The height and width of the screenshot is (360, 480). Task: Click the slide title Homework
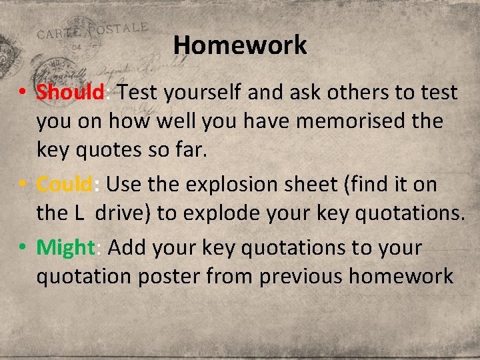click(240, 45)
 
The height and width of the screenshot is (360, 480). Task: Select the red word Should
click(70, 93)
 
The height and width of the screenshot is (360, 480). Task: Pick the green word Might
click(66, 247)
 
